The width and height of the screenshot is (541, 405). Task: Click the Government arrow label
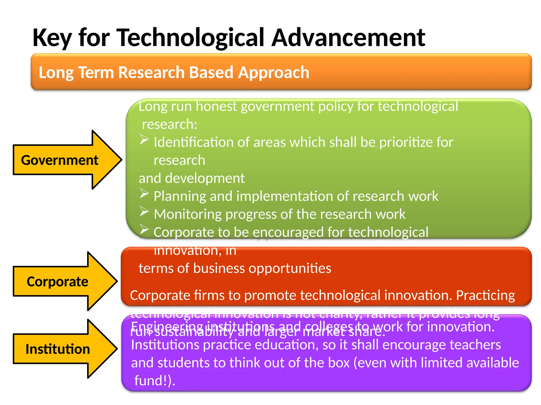(x=60, y=160)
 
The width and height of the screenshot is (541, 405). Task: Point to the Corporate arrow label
(x=57, y=282)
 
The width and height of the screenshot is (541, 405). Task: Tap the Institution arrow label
(x=58, y=349)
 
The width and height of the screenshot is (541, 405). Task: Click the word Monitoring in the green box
(x=187, y=214)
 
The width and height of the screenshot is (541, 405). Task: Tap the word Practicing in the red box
(x=485, y=296)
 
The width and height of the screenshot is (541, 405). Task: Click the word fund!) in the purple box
(x=155, y=381)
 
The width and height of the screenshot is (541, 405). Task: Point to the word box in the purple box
(x=339, y=363)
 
